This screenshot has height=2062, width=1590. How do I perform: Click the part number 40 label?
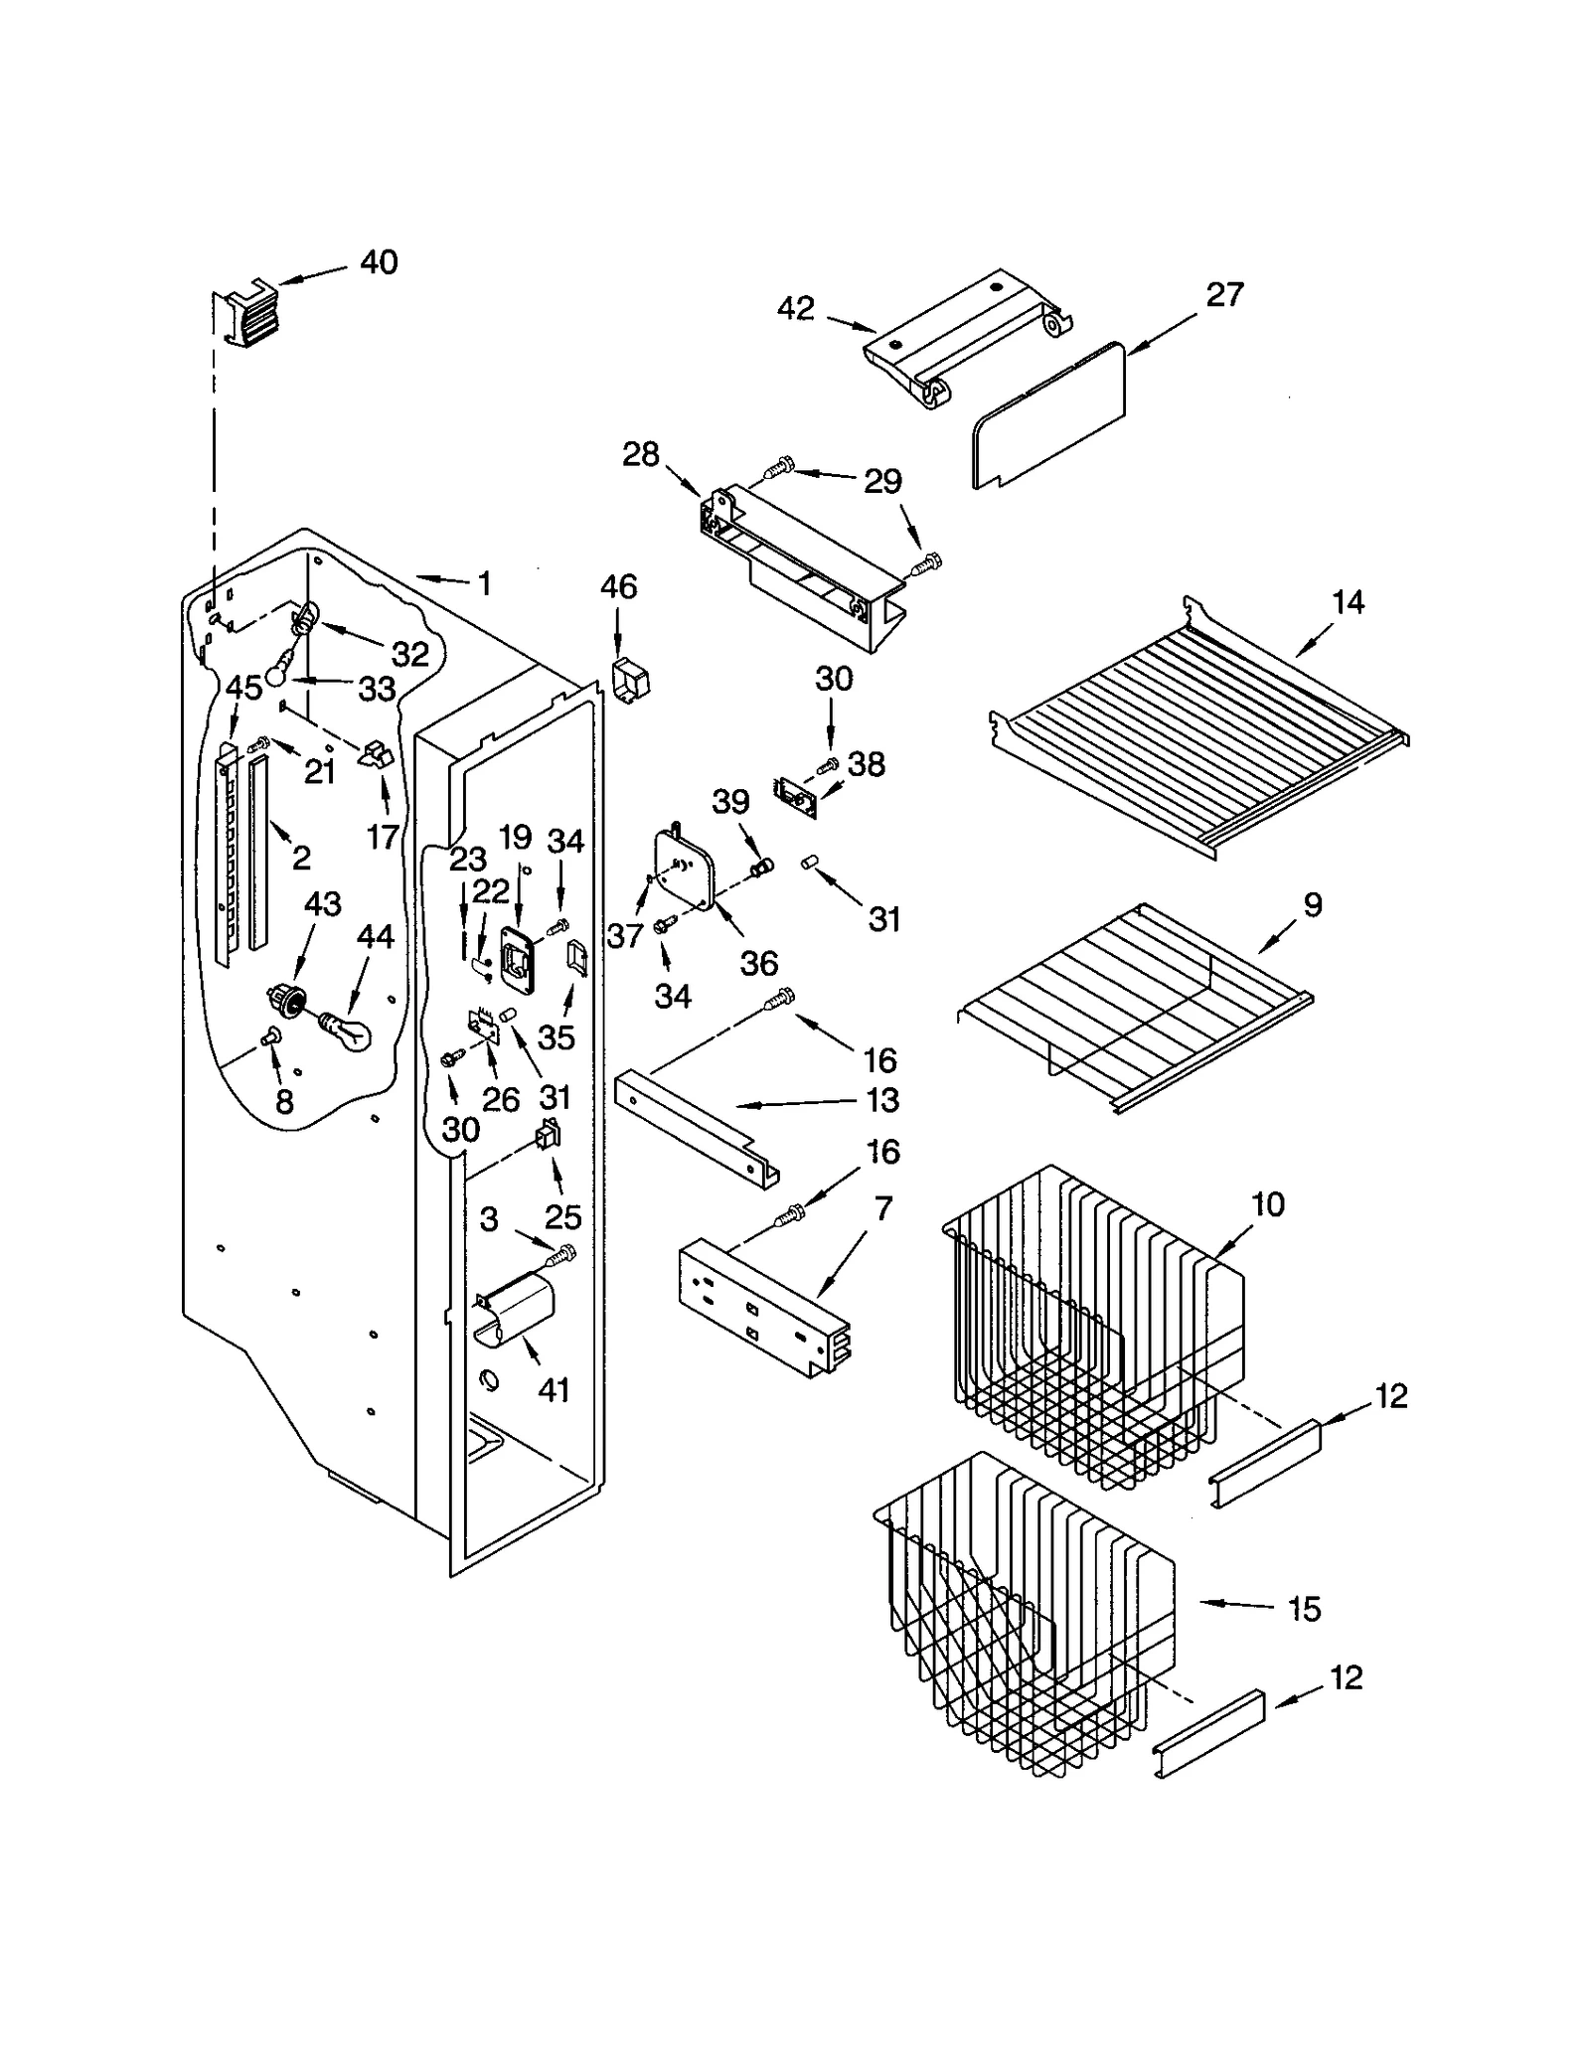[378, 262]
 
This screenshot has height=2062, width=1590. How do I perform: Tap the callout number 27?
[1224, 295]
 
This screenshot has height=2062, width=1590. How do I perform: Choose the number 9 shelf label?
[1313, 905]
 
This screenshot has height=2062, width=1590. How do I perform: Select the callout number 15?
[1304, 1609]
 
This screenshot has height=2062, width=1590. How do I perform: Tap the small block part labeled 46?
[628, 680]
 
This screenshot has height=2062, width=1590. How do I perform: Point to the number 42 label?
[795, 309]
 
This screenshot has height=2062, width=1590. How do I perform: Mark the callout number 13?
[881, 1100]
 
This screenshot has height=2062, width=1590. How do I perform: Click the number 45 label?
[243, 687]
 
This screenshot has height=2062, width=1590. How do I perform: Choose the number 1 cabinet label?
[484, 584]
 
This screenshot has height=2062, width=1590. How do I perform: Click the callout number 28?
[640, 455]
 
